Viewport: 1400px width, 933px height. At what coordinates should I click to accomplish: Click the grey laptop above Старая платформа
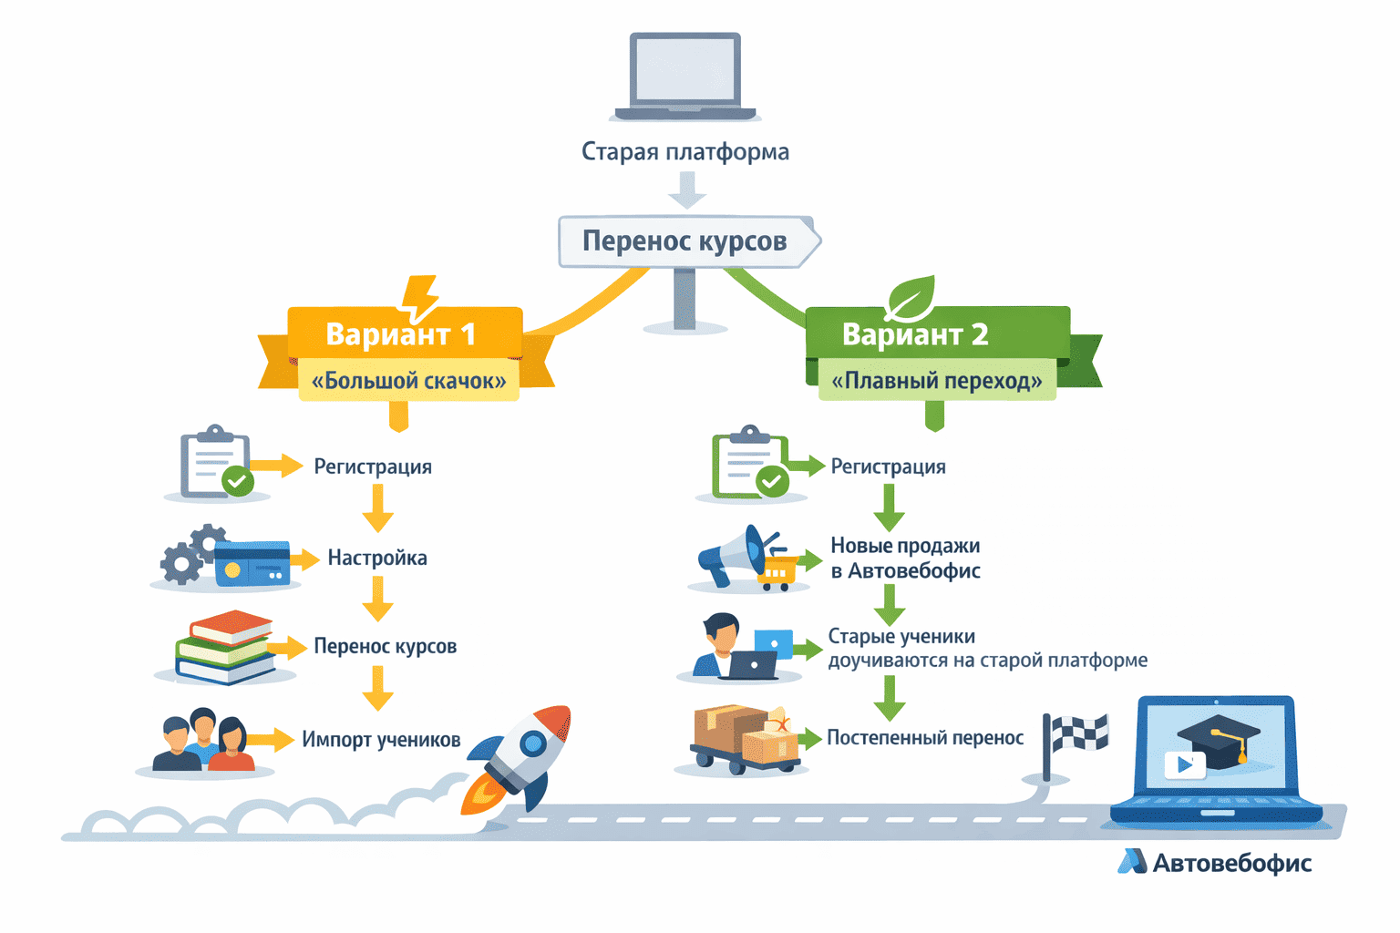tap(685, 77)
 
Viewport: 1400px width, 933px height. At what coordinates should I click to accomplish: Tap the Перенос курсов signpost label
tap(685, 241)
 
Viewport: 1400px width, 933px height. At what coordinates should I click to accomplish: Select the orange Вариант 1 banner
tap(402, 333)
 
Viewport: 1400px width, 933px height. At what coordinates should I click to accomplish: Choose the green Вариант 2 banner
tap(915, 333)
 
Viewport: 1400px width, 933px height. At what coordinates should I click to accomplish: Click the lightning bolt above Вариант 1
tap(420, 297)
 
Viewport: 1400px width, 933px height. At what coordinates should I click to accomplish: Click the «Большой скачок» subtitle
tap(408, 381)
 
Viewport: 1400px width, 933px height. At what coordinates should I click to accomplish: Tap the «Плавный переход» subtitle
tap(937, 381)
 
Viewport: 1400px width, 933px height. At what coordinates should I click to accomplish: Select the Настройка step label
tap(377, 558)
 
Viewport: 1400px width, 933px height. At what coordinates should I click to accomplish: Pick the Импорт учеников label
tap(381, 740)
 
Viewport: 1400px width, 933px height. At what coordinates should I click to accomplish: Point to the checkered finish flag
tap(1076, 738)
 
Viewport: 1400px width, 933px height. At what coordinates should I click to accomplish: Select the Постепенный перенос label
tap(925, 738)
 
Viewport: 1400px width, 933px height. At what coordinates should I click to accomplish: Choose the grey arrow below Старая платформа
tap(686, 190)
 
